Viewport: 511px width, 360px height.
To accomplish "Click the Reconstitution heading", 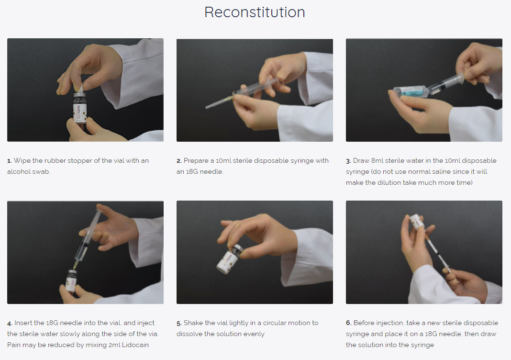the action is pos(255,12).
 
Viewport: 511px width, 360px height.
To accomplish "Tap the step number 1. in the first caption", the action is pos(10,161).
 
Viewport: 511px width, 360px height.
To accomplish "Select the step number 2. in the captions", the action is pos(179,161).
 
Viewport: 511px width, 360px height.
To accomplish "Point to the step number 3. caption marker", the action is pos(348,161).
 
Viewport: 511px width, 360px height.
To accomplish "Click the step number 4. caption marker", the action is pos(10,323).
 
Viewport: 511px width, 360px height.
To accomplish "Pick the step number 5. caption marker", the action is pos(179,323).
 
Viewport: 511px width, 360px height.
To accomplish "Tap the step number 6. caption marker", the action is pos(349,323).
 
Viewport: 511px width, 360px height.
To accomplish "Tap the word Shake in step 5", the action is pos(192,323).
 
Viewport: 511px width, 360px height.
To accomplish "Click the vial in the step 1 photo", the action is pos(79,108).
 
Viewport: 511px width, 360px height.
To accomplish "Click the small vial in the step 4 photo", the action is pos(71,281).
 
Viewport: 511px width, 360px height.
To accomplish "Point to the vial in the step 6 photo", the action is pos(417,222).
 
